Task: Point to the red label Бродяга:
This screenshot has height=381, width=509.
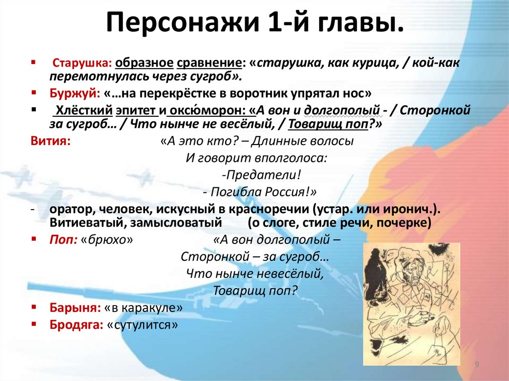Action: (x=75, y=324)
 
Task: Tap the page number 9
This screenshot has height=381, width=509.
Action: (x=477, y=365)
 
